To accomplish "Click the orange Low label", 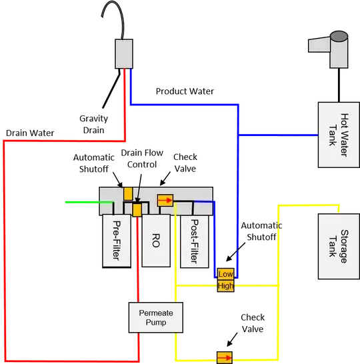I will click(227, 275).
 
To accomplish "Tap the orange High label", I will click(227, 287).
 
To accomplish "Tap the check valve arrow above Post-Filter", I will click(165, 199).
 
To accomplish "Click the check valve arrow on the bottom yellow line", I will click(225, 357).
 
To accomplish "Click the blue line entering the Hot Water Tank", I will click(280, 135).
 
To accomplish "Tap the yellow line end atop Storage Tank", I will click(341, 207).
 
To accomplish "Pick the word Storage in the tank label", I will click(343, 247).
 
